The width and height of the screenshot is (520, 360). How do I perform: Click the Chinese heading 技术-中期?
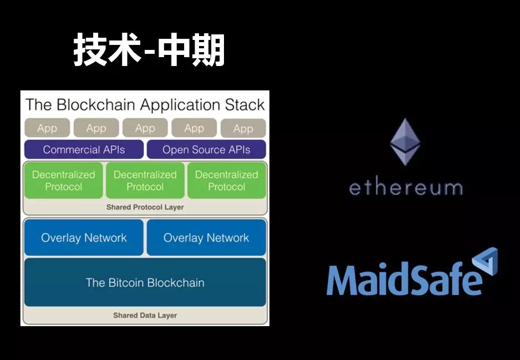coord(149,51)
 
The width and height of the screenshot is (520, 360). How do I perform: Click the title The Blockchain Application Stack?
coord(145,105)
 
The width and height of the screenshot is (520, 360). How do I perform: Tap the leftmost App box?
coord(47,128)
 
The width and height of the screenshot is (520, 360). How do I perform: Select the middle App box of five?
coord(145,128)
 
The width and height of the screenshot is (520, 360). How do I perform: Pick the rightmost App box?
coord(243,129)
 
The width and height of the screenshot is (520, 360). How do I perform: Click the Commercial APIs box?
coord(84,150)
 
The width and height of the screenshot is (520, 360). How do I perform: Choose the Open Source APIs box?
coord(206,150)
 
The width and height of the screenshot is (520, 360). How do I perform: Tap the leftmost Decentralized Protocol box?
coord(63,180)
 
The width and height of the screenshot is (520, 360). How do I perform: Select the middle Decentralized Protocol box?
coord(145,180)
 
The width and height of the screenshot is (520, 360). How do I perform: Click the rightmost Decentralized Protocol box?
coord(227,180)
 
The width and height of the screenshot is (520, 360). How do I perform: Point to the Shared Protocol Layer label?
coord(145,207)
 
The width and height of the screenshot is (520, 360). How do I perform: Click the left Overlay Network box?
coord(84,238)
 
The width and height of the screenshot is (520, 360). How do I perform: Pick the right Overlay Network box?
coord(206,238)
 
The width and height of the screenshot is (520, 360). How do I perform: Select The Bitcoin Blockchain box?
coord(145,282)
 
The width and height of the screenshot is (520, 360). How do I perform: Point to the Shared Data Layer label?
coord(145,316)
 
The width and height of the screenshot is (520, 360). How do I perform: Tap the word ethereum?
coord(405,187)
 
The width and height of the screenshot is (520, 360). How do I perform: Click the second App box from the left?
coord(96,128)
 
